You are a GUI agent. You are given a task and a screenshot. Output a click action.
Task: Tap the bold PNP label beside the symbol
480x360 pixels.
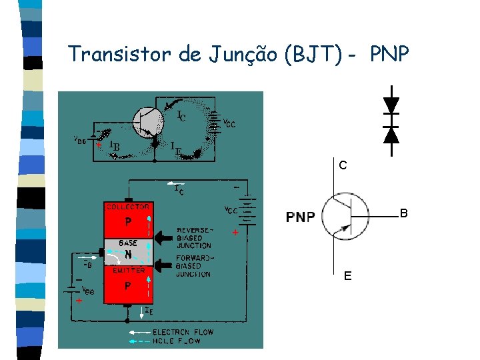[x=301, y=217]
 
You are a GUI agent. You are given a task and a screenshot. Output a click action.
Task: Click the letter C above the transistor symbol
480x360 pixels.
[x=342, y=165]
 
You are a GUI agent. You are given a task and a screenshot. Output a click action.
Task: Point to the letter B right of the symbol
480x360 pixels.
[x=403, y=214]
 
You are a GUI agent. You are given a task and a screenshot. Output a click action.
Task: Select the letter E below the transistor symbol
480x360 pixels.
[x=348, y=275]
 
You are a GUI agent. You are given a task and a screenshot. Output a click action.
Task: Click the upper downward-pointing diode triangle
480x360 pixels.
[x=391, y=105]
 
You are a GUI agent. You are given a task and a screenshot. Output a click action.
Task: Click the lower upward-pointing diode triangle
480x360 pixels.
[x=391, y=135]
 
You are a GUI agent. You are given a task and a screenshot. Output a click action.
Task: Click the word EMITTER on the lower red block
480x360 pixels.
[x=129, y=270]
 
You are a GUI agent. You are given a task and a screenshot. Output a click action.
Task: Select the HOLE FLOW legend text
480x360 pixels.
[x=176, y=341]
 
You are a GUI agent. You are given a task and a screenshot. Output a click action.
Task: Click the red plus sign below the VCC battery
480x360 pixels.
[x=235, y=234]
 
